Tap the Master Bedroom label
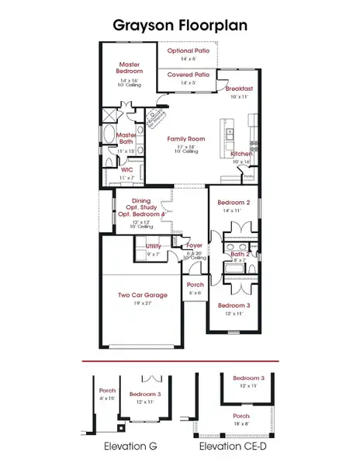[130, 68]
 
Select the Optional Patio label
[188, 50]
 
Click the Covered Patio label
[187, 74]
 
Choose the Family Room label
[185, 138]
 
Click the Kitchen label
[241, 155]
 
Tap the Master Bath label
[126, 137]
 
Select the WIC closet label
[126, 169]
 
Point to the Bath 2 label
[239, 254]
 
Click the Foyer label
[195, 245]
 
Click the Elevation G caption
[127, 447]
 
